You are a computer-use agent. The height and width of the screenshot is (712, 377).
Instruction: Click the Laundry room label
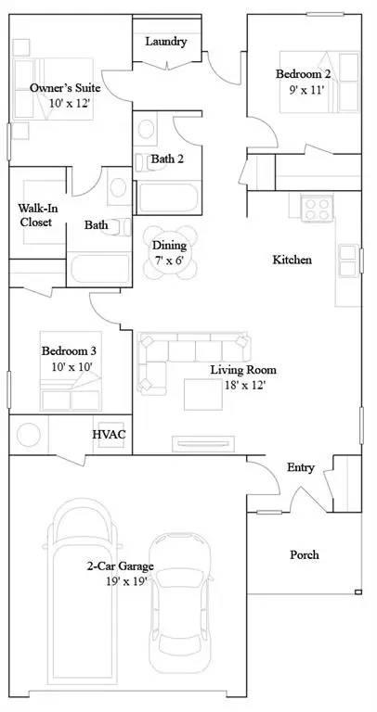(x=167, y=42)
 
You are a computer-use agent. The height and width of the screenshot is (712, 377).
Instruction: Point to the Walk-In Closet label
(x=35, y=215)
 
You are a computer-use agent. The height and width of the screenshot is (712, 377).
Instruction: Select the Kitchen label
(x=292, y=260)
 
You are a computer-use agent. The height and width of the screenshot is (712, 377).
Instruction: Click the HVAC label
(x=108, y=434)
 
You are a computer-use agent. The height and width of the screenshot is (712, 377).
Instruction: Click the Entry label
(x=300, y=467)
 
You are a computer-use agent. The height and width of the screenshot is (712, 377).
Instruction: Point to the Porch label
(x=304, y=554)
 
